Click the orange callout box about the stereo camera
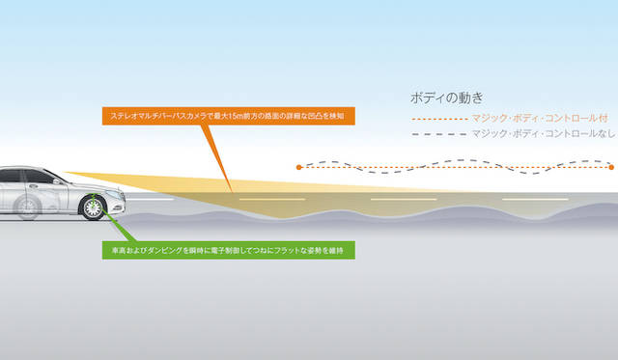click(229, 116)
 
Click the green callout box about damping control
click(229, 250)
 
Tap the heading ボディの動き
click(446, 97)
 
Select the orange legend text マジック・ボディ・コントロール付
click(540, 118)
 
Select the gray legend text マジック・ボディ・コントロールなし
click(544, 134)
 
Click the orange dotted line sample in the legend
click(439, 119)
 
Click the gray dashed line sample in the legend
click(439, 134)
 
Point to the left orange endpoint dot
click(298, 167)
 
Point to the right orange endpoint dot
click(611, 167)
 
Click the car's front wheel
click(93, 208)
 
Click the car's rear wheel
click(27, 208)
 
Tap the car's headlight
click(115, 194)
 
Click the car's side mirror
click(58, 181)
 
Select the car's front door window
click(39, 177)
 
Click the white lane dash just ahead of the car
click(150, 199)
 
